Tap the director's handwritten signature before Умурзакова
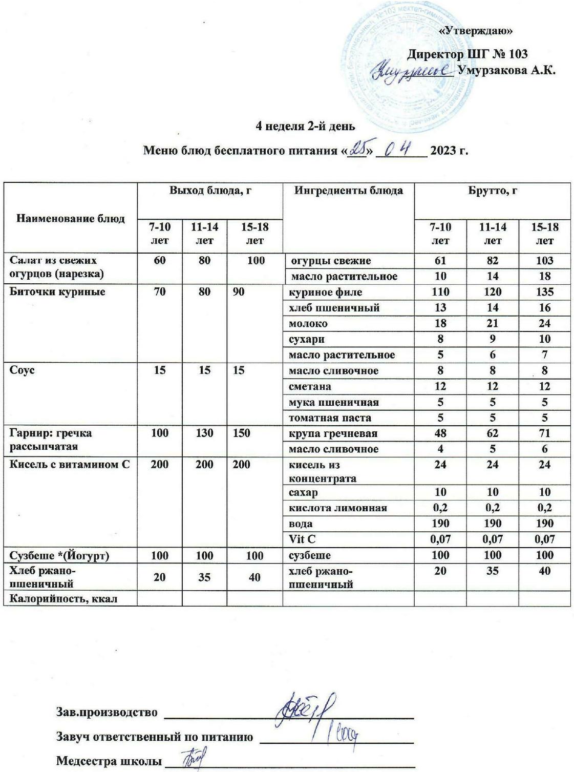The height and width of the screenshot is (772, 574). pos(415,71)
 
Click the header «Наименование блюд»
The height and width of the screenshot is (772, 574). pos(71,219)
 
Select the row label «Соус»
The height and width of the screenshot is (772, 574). pos(23,370)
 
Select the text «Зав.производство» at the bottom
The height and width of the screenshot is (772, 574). pos(107,712)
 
